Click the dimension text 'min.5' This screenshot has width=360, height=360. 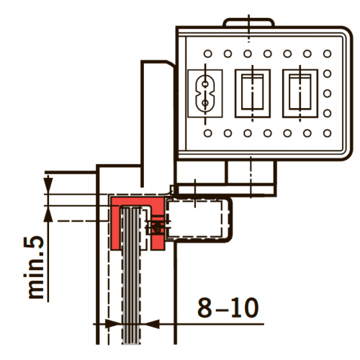pyautogui.click(x=34, y=268)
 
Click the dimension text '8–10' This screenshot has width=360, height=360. pyautogui.click(x=228, y=307)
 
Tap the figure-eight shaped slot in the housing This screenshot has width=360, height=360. pyautogui.click(x=205, y=94)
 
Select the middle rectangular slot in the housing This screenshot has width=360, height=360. pyautogui.click(x=253, y=94)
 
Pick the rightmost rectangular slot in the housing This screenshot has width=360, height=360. pyautogui.click(x=300, y=94)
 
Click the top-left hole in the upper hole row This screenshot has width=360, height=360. pyautogui.click(x=208, y=53)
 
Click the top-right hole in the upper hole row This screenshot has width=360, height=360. pyautogui.click(x=327, y=53)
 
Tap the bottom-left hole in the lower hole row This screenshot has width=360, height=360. pyautogui.click(x=208, y=133)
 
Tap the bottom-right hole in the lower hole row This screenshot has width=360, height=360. pyautogui.click(x=327, y=133)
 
